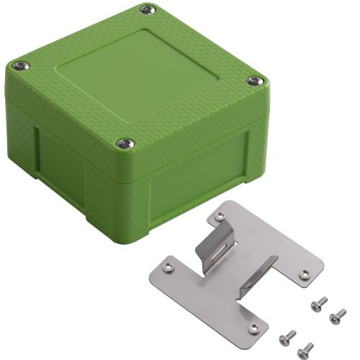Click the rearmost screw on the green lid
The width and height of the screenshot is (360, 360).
(x=148, y=9)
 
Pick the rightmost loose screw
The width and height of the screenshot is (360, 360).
(x=336, y=314)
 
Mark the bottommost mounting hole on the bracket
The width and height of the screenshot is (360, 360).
(x=252, y=326)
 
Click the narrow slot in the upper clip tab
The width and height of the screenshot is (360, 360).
(x=224, y=248)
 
